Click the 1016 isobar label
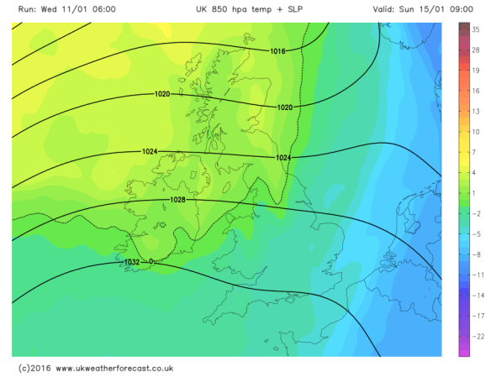pos(277,51)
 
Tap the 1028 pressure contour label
pos(177,200)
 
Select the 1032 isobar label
pos(131,262)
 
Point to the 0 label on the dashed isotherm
pos(151,262)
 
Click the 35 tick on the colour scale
pos(476,29)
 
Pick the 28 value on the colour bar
pos(476,50)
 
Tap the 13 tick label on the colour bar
pos(476,111)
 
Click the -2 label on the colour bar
pos(475,213)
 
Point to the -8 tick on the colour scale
pos(475,254)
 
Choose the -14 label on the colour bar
pos(477,296)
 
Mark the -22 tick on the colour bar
pos(477,336)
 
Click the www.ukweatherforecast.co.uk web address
pos(114,368)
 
